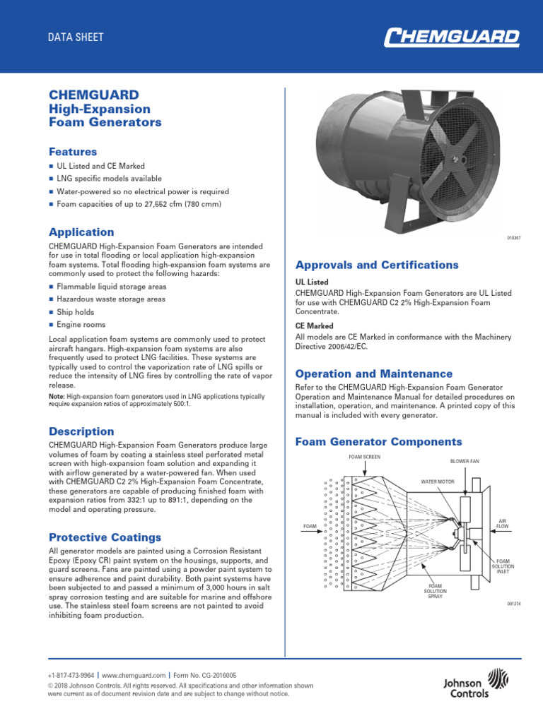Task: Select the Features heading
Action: [x=72, y=151]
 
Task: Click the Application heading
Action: [x=81, y=232]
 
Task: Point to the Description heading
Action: [x=81, y=431]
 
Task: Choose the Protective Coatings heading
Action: [x=104, y=537]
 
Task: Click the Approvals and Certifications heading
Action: [x=377, y=265]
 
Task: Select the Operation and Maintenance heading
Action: [x=373, y=373]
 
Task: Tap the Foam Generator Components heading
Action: [x=378, y=441]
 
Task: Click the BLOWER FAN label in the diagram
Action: [x=465, y=461]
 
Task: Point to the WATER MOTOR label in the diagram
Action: [x=441, y=482]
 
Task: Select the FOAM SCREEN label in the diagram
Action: [x=364, y=458]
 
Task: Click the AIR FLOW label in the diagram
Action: [x=503, y=523]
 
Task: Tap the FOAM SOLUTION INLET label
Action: [x=503, y=566]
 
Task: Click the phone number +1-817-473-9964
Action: [x=70, y=675]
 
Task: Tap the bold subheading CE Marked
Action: [x=314, y=325]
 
